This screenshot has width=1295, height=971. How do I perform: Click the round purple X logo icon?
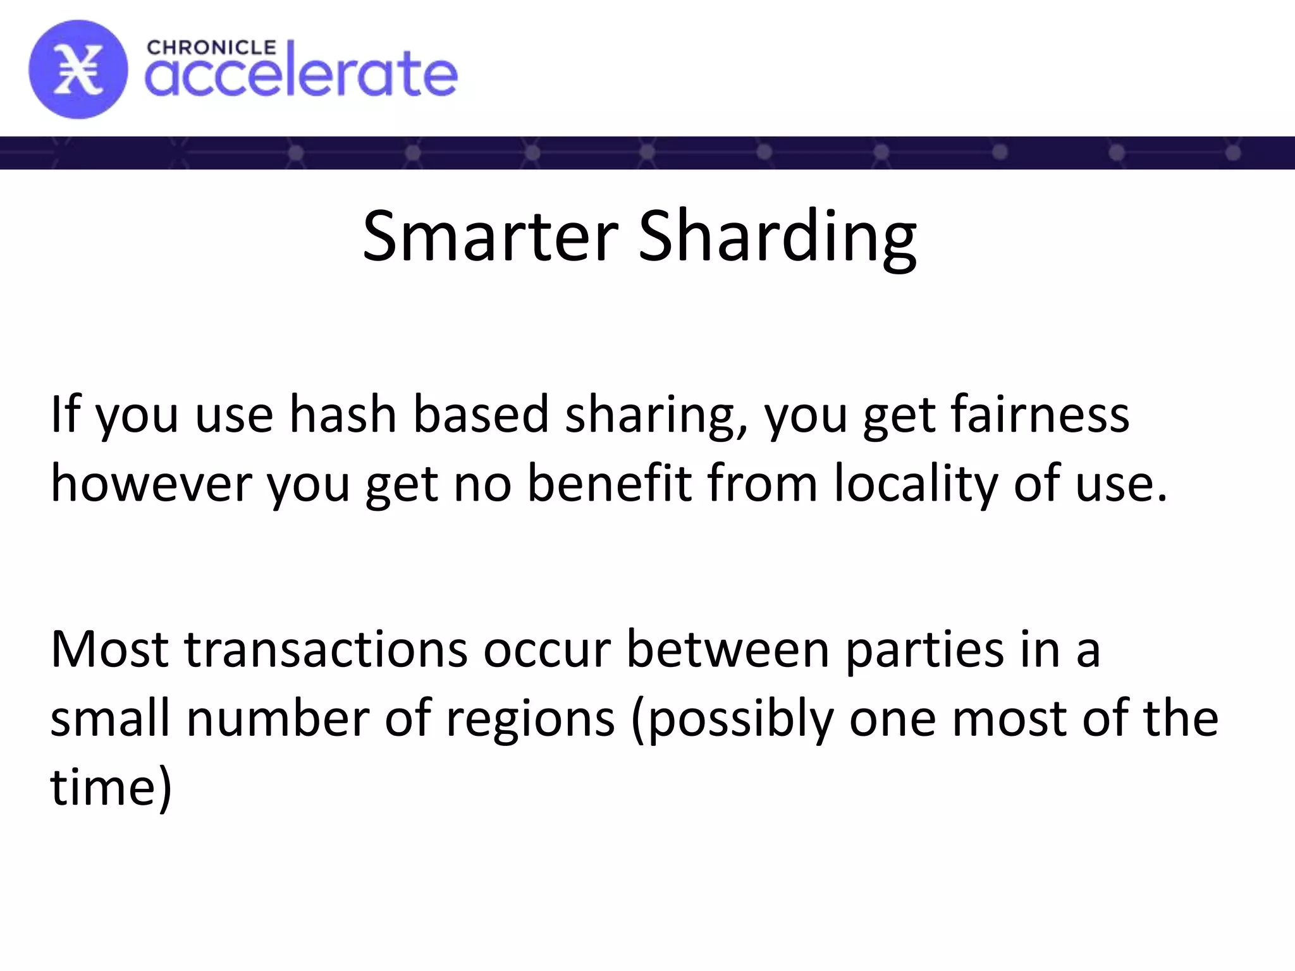click(x=78, y=70)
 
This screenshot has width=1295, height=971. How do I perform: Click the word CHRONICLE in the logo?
click(x=211, y=47)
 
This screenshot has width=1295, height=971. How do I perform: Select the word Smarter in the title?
click(x=490, y=236)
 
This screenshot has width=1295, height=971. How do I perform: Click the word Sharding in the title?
click(x=777, y=236)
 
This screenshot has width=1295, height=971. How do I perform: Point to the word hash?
click(x=342, y=415)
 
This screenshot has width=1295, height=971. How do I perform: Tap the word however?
click(x=151, y=484)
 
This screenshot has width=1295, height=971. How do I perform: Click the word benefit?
click(x=610, y=484)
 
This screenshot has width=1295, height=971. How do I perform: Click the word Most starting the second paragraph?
click(x=109, y=650)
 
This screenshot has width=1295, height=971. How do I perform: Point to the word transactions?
click(x=326, y=650)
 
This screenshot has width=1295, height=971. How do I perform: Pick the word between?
click(x=727, y=650)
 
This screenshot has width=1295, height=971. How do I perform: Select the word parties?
click(x=924, y=650)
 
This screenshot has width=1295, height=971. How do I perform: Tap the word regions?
click(x=530, y=719)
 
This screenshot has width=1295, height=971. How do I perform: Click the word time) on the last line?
click(x=111, y=788)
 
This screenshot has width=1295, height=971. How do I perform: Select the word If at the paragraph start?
click(x=65, y=415)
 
